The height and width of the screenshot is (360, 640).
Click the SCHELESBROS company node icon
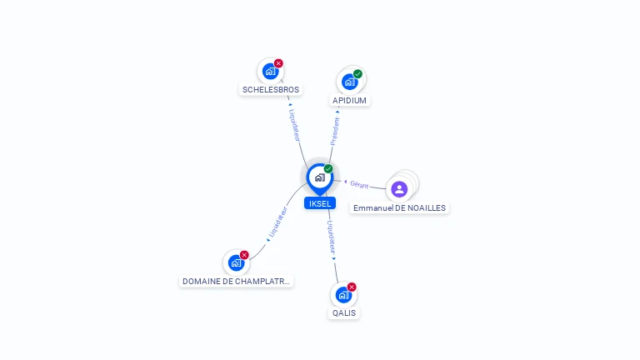270,72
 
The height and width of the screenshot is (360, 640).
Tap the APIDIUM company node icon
349,82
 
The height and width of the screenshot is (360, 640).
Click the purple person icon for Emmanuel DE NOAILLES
399,189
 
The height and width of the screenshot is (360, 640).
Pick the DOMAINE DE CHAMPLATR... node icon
236,262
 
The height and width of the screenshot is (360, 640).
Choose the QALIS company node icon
343,295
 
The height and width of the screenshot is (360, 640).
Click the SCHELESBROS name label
271,90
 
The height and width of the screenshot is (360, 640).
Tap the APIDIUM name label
349,100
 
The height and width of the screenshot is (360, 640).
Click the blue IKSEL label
320,203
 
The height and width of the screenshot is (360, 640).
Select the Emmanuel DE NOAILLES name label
399,208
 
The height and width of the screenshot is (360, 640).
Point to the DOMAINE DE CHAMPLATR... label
236,281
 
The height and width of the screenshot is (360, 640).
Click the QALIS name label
343,313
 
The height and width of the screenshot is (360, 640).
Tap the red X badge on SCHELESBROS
278,63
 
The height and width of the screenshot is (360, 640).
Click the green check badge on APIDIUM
357,74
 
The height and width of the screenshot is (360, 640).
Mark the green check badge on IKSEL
328,168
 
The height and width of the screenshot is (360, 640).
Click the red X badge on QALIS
352,287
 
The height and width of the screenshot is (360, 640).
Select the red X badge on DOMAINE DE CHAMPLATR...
244,255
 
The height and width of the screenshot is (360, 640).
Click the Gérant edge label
359,185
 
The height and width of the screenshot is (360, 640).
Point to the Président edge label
335,131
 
